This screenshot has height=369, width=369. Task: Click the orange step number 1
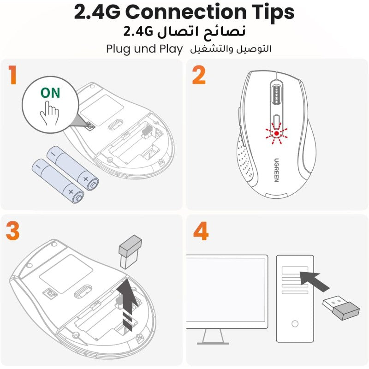click(12, 75)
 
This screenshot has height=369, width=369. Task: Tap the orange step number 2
click(199, 75)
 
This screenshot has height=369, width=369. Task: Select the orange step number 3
click(12, 231)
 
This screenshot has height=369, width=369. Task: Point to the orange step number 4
click(201, 231)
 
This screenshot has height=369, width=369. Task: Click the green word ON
click(50, 93)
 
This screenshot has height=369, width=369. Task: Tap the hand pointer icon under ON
click(49, 113)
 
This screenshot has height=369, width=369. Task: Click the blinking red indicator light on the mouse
click(276, 133)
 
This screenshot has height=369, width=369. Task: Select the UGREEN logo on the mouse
click(276, 170)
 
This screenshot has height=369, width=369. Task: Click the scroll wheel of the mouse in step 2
click(277, 95)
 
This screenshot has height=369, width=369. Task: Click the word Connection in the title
click(186, 12)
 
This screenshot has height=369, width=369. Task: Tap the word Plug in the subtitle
click(119, 49)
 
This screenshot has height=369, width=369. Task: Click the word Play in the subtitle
click(171, 49)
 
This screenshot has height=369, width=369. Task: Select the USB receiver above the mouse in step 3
click(130, 251)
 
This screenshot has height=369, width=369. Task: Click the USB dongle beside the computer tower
click(341, 308)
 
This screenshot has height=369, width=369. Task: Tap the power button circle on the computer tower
click(295, 324)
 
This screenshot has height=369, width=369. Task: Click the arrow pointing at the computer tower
click(315, 281)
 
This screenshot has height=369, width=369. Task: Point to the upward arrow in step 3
click(128, 304)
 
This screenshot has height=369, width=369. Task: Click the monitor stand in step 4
click(213, 337)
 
